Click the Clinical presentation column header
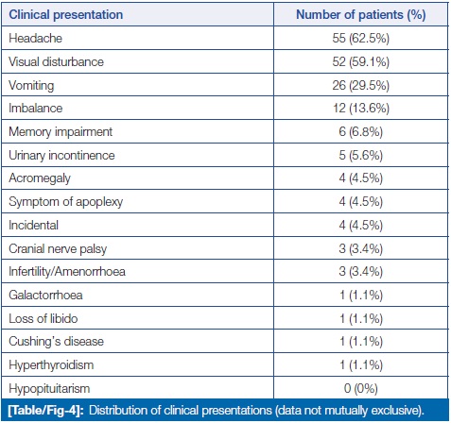[x=66, y=15]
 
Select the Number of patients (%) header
[x=361, y=15]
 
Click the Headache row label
[x=35, y=39]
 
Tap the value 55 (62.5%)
[x=361, y=39]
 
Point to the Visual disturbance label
[x=56, y=61]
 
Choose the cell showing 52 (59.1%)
[x=361, y=61]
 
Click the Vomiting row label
[x=31, y=86]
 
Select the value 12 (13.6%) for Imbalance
[x=361, y=109]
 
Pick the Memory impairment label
[x=61, y=132]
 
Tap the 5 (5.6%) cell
[x=361, y=155]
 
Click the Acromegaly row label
[x=40, y=178]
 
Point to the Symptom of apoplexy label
[x=66, y=202]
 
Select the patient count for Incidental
[x=361, y=226]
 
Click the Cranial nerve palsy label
[x=58, y=249]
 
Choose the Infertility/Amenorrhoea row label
[x=67, y=272]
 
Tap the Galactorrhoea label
[x=45, y=296]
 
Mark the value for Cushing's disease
[x=361, y=342]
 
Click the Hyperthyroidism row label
[x=51, y=365]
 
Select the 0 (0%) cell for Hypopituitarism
[x=361, y=388]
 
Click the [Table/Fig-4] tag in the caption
[x=46, y=411]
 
